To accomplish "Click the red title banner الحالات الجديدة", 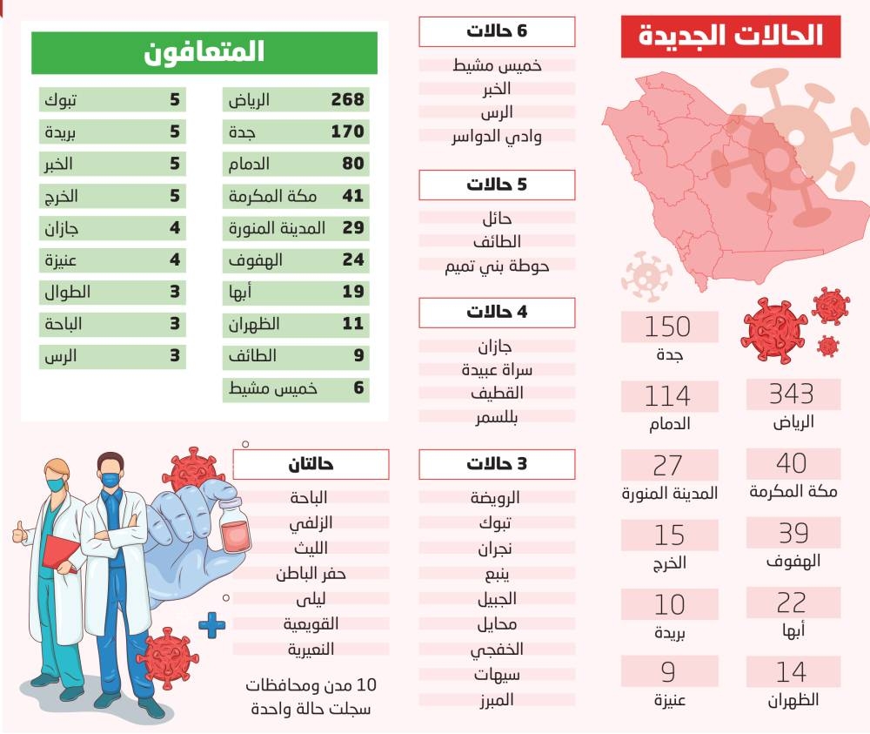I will tap(731, 36).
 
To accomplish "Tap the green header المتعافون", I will tap(204, 53).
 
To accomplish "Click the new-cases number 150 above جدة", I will tap(668, 327).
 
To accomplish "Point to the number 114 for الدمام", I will tap(668, 396).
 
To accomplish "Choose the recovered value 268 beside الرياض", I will tap(347, 100).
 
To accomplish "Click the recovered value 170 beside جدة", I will tap(347, 132).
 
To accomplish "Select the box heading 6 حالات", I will tap(497, 32).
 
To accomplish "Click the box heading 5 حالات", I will tap(497, 185).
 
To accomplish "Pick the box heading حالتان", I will tap(311, 464).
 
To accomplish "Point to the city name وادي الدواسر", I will tap(497, 137).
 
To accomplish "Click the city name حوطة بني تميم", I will tap(497, 266).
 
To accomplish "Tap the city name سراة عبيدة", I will tap(497, 370).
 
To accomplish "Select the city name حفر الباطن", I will tap(311, 574).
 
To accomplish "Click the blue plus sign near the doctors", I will tap(211, 624).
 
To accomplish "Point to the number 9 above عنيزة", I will tap(668, 673).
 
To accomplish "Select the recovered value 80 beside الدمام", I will tap(352, 164).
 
